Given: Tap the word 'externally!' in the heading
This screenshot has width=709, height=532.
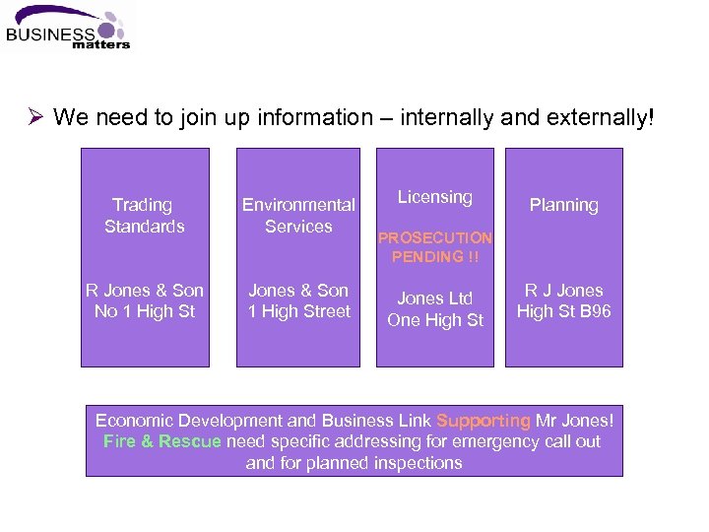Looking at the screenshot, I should tap(605, 118).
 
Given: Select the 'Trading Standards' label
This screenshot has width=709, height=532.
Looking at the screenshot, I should tap(144, 216).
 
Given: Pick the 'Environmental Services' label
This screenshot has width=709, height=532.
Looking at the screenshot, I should tap(298, 216).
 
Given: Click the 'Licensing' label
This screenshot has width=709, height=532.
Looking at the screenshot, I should tap(434, 197).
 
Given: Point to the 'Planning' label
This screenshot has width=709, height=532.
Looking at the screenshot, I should tap(563, 205).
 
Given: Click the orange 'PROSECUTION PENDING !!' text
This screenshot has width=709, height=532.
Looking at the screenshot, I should tap(434, 247).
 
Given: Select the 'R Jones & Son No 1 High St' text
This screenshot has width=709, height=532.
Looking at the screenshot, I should tap(145, 300).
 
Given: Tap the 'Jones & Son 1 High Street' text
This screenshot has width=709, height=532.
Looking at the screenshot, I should tap(298, 300).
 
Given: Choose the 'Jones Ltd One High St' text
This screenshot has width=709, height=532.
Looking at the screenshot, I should tap(434, 309).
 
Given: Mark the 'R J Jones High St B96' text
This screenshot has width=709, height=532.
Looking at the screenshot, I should tap(563, 300).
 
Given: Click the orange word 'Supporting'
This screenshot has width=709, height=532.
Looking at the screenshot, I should tap(483, 421).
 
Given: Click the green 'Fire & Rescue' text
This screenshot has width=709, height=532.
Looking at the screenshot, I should tap(162, 441).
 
